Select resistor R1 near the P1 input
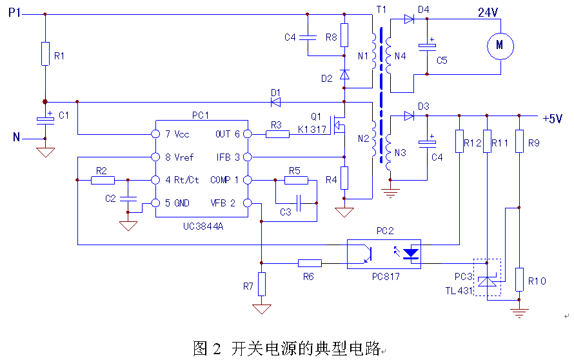[45, 54]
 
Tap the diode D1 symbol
[276, 101]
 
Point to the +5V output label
[553, 119]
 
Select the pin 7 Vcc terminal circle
[155, 134]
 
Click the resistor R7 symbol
[261, 283]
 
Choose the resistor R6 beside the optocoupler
[310, 263]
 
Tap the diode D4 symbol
[408, 19]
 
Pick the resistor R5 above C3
[295, 180]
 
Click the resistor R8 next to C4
[344, 34]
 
